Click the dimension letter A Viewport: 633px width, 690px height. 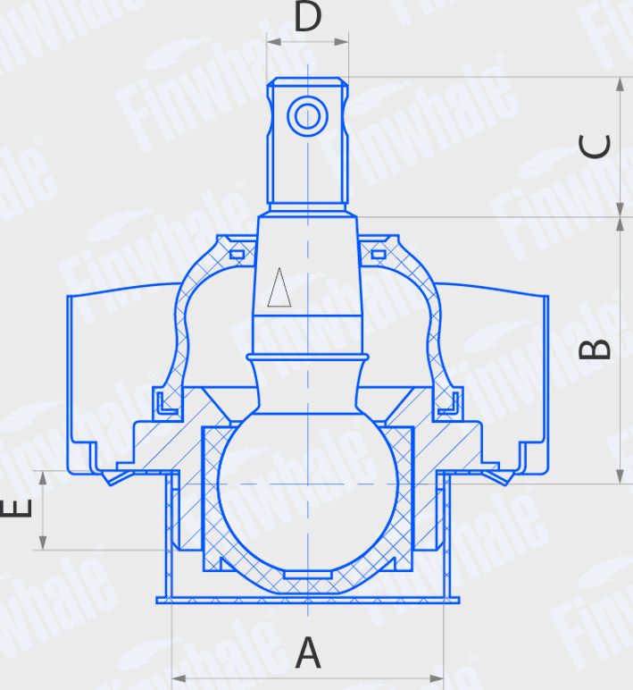point(307,653)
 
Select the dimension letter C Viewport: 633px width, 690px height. point(596,147)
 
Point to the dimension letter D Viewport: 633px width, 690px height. point(307,17)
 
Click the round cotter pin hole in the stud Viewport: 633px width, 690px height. point(307,115)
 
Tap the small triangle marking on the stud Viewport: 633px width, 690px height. point(279,288)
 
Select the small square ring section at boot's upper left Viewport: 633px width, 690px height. point(237,255)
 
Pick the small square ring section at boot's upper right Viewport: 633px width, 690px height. point(378,255)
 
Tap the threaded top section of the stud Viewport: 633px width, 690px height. point(307,143)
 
